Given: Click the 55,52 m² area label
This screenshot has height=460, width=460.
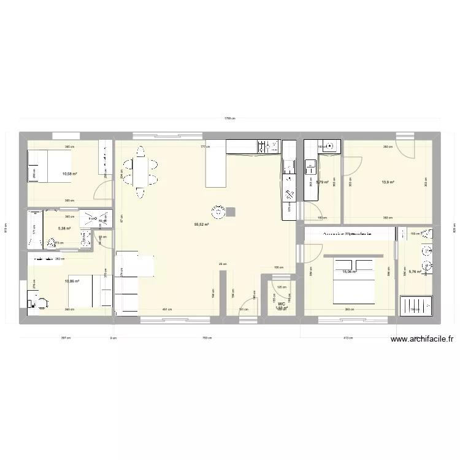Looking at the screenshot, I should click(x=202, y=225).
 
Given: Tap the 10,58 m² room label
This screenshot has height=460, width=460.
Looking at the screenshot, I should click(x=70, y=174).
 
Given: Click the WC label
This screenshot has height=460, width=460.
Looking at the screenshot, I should click(x=282, y=304).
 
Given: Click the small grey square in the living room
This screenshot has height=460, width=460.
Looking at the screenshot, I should click(x=232, y=212).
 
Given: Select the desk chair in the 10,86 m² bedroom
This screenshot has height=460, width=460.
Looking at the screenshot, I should click(x=42, y=301).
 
